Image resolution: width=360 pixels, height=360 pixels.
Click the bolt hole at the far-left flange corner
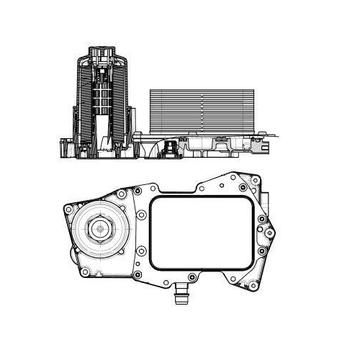point(67,208)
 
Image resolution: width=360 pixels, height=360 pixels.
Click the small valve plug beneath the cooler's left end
point(171,150)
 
